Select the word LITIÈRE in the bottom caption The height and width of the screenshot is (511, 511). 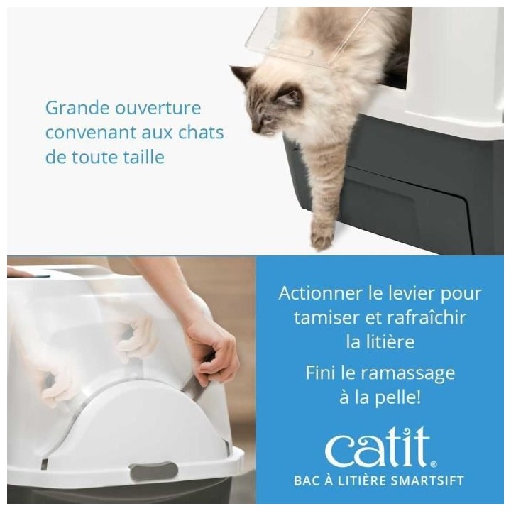[x=352, y=480]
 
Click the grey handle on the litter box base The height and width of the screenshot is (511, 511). [x=153, y=470]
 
